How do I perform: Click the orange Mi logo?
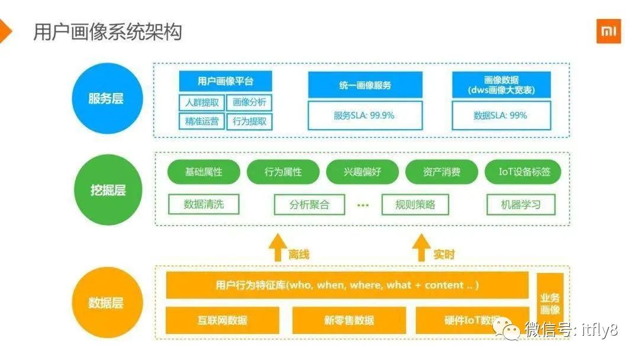[x=608, y=31]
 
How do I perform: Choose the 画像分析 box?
[x=249, y=102]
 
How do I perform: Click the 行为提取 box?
[x=249, y=122]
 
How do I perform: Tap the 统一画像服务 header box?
[x=365, y=85]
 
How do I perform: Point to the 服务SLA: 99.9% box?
[x=365, y=115]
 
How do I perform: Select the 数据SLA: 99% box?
[x=501, y=115]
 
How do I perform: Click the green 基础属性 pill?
[x=204, y=172]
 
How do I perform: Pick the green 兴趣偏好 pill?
[x=363, y=172]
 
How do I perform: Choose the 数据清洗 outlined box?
[x=204, y=205]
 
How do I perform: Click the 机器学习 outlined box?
[x=521, y=205]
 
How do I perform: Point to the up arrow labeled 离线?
[x=276, y=247]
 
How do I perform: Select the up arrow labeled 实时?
[x=421, y=247]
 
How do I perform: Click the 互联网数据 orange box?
[x=222, y=320]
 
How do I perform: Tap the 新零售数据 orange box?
[x=348, y=320]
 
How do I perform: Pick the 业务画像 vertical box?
[x=550, y=304]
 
